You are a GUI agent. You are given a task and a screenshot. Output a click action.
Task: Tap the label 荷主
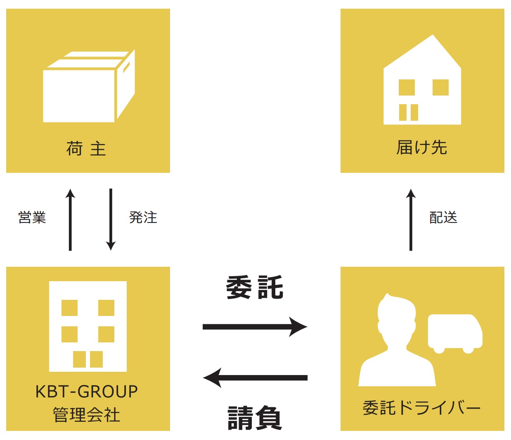click(86, 148)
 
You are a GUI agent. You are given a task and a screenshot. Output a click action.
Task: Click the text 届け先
click(422, 148)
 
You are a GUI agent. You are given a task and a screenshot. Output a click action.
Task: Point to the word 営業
click(32, 218)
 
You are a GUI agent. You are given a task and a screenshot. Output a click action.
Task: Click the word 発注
click(143, 218)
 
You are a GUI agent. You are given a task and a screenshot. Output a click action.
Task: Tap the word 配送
click(443, 218)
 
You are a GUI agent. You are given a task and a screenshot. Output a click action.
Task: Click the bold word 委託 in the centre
click(255, 287)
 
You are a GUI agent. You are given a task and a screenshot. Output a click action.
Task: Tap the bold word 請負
click(255, 418)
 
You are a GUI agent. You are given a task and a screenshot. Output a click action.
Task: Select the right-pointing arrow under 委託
click(255, 327)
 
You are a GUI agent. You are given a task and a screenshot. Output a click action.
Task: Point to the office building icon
click(88, 326)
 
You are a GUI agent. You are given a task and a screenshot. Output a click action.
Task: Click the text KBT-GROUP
click(87, 392)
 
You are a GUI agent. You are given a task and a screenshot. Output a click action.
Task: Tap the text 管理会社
click(87, 415)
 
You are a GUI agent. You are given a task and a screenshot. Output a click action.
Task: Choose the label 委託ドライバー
click(422, 408)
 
